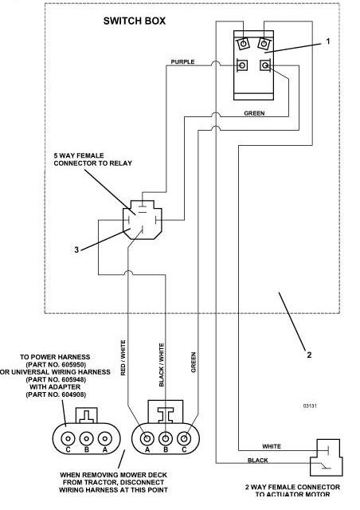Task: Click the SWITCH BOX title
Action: click(x=135, y=22)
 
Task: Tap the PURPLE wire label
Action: click(x=182, y=62)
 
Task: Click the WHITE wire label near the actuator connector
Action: click(x=272, y=446)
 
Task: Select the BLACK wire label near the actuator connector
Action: click(x=257, y=461)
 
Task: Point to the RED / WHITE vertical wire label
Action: click(x=123, y=358)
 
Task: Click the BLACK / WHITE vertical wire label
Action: click(x=162, y=365)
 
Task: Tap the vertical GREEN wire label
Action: click(x=194, y=362)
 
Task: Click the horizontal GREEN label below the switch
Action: click(x=254, y=113)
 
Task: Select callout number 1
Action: click(x=328, y=41)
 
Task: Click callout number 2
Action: click(x=309, y=355)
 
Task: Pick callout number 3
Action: click(x=76, y=249)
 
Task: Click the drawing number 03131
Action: click(x=310, y=406)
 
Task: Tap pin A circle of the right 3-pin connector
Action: click(x=147, y=438)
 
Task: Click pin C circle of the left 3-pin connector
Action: click(x=68, y=438)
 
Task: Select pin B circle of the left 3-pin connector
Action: click(x=86, y=438)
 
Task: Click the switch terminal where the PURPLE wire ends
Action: click(x=241, y=65)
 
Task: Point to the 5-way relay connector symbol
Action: click(x=142, y=220)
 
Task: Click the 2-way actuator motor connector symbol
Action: click(x=326, y=457)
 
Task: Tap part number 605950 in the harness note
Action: click(x=56, y=365)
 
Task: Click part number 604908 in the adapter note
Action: click(x=56, y=394)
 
